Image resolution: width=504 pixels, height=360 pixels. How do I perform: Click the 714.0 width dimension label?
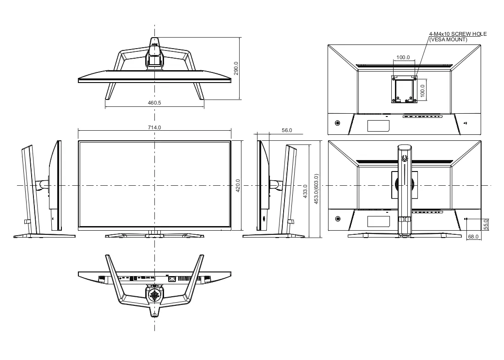[x=154, y=127]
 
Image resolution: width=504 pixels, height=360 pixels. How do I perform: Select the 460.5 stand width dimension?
[x=154, y=103]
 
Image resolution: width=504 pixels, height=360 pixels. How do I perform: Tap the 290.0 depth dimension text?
[x=236, y=68]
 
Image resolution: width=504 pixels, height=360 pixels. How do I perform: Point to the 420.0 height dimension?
[x=238, y=186]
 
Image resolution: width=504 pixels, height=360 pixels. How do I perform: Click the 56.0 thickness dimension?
[x=287, y=130]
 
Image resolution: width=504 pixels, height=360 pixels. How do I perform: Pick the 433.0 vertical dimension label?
[x=305, y=191]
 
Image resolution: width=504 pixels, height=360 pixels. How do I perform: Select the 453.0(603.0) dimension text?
[x=316, y=189]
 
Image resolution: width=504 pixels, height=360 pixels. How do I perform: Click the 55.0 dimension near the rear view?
[x=486, y=224]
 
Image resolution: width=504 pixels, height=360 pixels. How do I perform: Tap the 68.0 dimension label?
[x=473, y=237]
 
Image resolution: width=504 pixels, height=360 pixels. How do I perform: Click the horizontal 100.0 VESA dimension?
[x=403, y=57]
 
